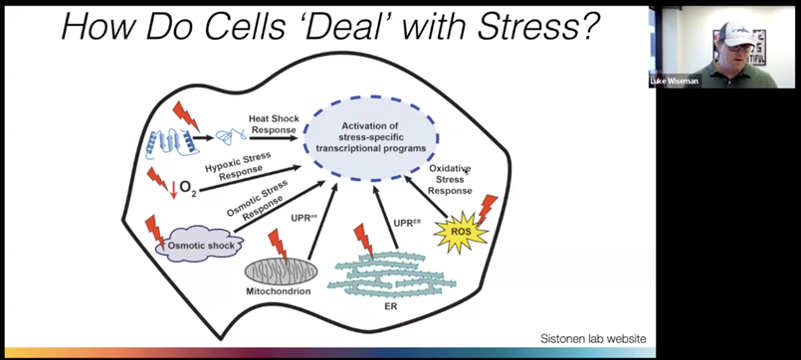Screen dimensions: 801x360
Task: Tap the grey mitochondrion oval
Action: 281,271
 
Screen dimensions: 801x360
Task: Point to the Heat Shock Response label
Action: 274,124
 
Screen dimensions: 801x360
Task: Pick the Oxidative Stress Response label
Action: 450,179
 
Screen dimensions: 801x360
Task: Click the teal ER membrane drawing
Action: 391,274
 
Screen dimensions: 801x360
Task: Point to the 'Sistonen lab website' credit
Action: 594,338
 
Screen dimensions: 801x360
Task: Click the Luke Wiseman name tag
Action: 674,82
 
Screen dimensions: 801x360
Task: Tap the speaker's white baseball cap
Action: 734,35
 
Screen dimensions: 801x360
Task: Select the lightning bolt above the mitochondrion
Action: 278,245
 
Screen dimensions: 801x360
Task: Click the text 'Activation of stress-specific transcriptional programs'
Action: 370,137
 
